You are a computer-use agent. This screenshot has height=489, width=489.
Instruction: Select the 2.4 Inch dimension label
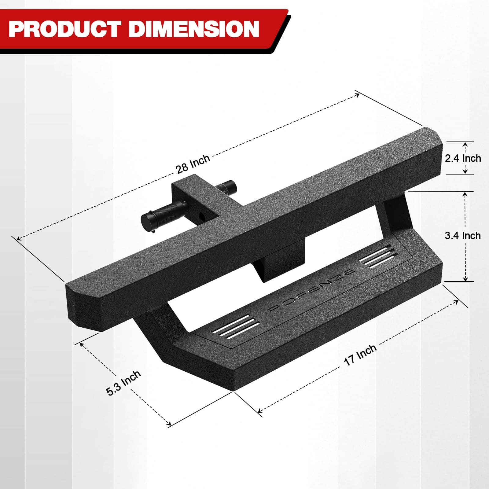pos(463,158)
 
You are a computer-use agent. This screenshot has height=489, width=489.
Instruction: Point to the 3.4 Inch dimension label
pos(463,235)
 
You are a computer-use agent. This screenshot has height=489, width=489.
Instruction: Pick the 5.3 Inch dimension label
pos(123,383)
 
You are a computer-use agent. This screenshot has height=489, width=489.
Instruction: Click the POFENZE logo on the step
pos(312,290)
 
